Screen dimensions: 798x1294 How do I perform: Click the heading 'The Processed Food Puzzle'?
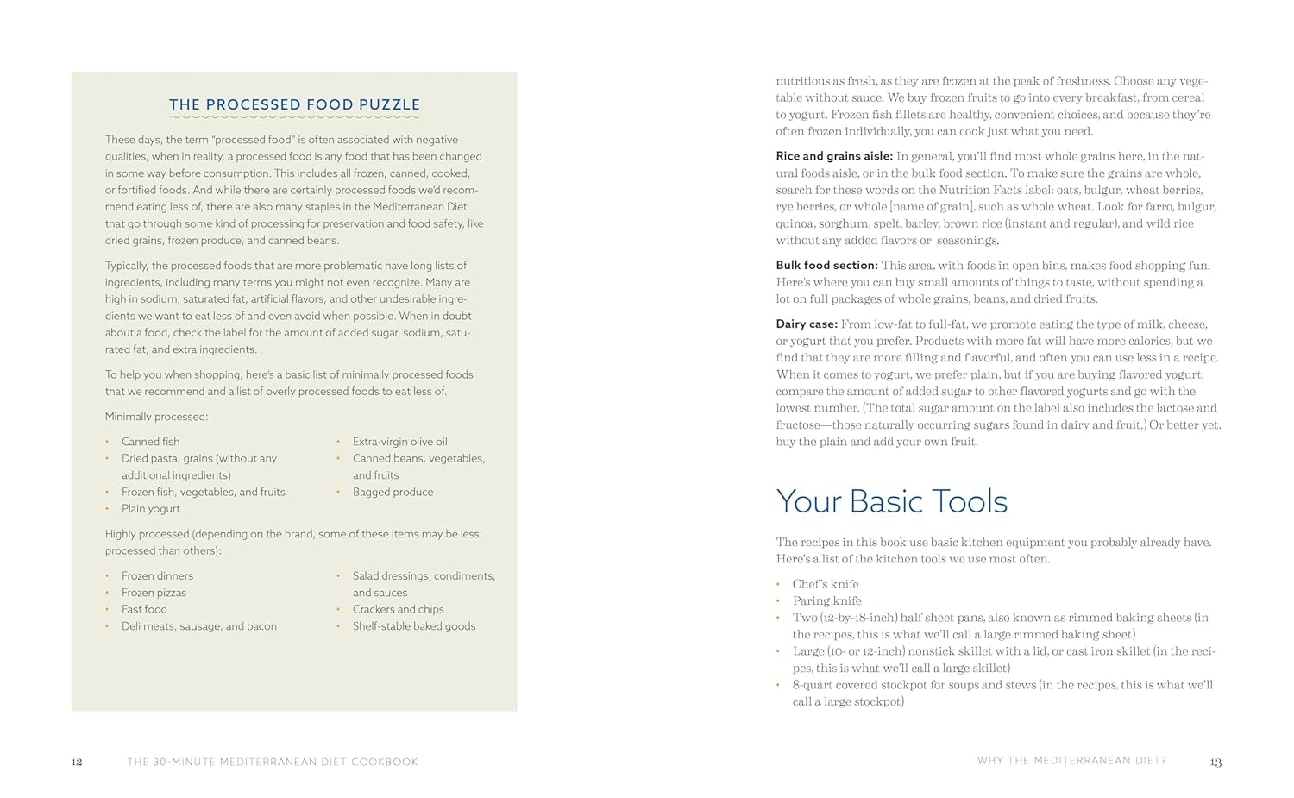coord(294,105)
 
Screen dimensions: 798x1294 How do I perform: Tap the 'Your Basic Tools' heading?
coord(891,501)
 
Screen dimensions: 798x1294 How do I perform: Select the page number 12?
coord(77,762)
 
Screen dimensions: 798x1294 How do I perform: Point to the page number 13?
coord(1215,762)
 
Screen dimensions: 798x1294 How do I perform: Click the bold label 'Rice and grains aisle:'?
coord(833,156)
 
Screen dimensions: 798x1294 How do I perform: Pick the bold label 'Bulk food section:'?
coord(826,266)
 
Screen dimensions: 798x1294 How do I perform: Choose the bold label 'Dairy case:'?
coord(807,324)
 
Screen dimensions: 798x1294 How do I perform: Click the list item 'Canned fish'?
coord(150,442)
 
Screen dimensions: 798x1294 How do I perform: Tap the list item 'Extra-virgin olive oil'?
coord(399,442)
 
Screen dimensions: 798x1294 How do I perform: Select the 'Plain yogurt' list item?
coord(150,509)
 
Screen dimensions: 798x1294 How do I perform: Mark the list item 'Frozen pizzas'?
coord(154,593)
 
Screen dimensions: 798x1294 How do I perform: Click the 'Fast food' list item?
coord(144,609)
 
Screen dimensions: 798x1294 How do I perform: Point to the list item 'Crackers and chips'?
coord(398,609)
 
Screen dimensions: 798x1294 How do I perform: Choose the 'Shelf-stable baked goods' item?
coord(413,626)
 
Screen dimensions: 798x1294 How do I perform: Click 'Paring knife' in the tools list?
coord(826,601)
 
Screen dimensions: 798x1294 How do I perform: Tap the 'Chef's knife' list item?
coord(825,584)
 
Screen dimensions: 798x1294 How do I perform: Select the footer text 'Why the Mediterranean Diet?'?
coord(1071,761)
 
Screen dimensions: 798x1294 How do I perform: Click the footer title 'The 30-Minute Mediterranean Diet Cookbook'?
coord(273,762)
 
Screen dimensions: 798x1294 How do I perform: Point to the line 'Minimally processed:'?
coord(156,417)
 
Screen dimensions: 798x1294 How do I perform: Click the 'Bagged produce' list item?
coord(393,492)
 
